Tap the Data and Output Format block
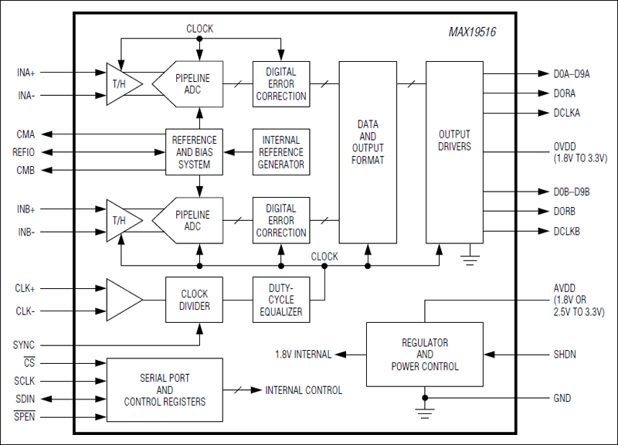(368, 142)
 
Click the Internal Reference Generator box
(281, 152)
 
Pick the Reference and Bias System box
(194, 152)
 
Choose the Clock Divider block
(194, 300)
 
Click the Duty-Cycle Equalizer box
(281, 300)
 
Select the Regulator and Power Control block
(424, 355)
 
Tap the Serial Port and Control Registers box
(165, 389)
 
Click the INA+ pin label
(26, 73)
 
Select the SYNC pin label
(24, 345)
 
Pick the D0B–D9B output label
(571, 192)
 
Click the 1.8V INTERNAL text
(303, 355)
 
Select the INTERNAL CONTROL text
(304, 390)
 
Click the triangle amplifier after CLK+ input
(122, 300)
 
